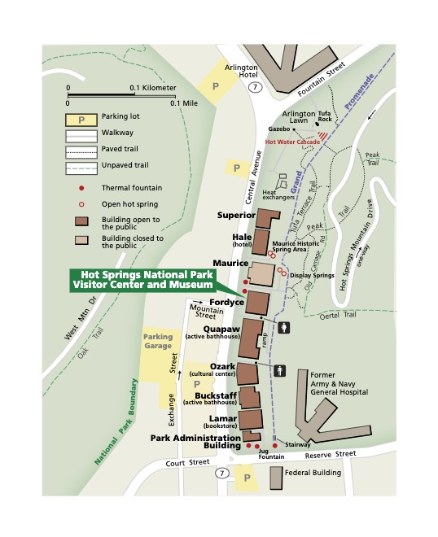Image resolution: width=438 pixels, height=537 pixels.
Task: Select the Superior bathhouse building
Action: [x=267, y=218]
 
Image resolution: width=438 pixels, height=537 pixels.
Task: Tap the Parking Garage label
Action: [x=159, y=341]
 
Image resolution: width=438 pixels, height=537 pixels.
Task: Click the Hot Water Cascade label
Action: [x=291, y=141]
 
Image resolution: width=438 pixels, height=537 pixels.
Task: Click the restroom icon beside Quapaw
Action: [x=283, y=328]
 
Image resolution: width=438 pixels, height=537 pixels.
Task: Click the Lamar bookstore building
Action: [x=252, y=420]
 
